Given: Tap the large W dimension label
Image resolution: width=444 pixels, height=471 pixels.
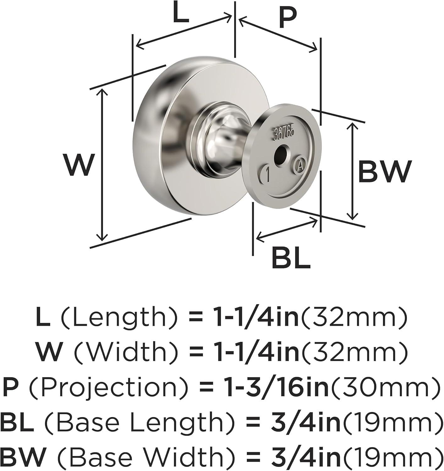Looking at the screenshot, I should point(78,164).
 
